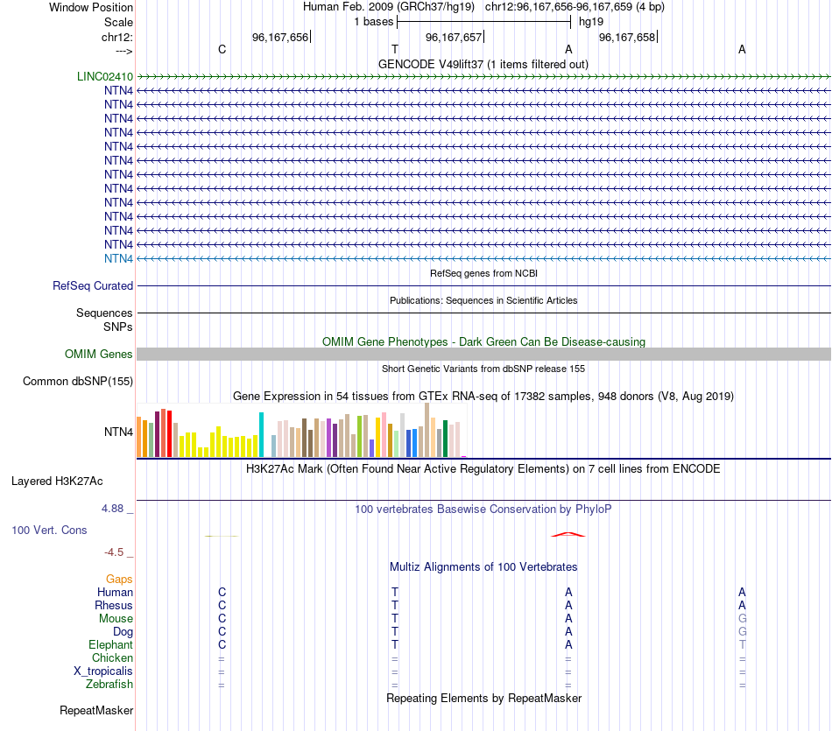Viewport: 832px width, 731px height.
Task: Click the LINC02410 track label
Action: coord(103,76)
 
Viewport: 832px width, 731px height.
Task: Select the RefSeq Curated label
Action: coord(93,285)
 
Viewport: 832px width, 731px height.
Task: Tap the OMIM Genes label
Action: coord(99,354)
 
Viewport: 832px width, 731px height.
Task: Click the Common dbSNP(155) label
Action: coord(78,381)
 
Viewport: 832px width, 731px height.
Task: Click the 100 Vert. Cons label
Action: coord(49,530)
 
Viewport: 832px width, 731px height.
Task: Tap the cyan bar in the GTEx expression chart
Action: coord(261,434)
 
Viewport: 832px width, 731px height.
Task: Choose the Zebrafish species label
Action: coord(109,684)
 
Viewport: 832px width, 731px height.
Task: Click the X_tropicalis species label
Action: coord(103,671)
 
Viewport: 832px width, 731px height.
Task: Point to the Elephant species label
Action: coord(110,644)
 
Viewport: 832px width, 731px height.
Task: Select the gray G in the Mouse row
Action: coord(742,618)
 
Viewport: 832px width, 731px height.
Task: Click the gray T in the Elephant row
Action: coord(742,644)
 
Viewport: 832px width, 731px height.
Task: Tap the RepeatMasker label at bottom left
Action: coord(96,710)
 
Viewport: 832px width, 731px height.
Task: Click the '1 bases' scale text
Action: coord(374,21)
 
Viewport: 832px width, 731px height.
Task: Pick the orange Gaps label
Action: coord(119,579)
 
